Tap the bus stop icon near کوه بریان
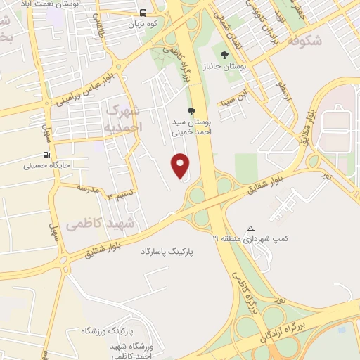(143, 13)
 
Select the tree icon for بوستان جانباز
(224, 54)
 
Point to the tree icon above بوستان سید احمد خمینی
(191, 110)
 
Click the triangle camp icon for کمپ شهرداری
(251, 229)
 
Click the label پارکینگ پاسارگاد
(167, 251)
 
